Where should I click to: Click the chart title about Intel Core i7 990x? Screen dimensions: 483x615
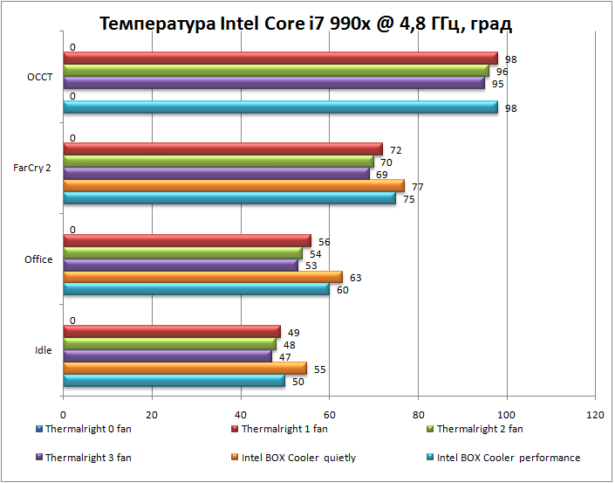tap(305, 23)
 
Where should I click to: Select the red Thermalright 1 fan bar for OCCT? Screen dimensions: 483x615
tap(279, 59)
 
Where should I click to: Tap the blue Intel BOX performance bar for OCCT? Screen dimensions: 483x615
tap(279, 107)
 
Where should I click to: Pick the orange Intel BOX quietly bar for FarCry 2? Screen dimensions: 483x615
tap(234, 186)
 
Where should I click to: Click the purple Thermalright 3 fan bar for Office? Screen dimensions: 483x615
tap(181, 266)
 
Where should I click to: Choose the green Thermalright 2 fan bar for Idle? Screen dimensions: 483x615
tap(169, 344)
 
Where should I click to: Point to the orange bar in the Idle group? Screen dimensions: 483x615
tap(185, 369)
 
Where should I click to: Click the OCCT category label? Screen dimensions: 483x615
tap(40, 77)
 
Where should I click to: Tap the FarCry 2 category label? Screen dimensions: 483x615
tap(32, 168)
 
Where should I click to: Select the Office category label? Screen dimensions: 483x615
tap(38, 259)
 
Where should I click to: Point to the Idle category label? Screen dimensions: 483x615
tap(43, 350)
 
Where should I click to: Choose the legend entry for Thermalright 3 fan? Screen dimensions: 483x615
tap(85, 457)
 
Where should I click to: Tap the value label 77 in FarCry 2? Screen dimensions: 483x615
tap(418, 187)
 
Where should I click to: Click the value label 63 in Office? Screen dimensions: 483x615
tap(356, 278)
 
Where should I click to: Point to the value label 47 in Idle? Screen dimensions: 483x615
tap(284, 357)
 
